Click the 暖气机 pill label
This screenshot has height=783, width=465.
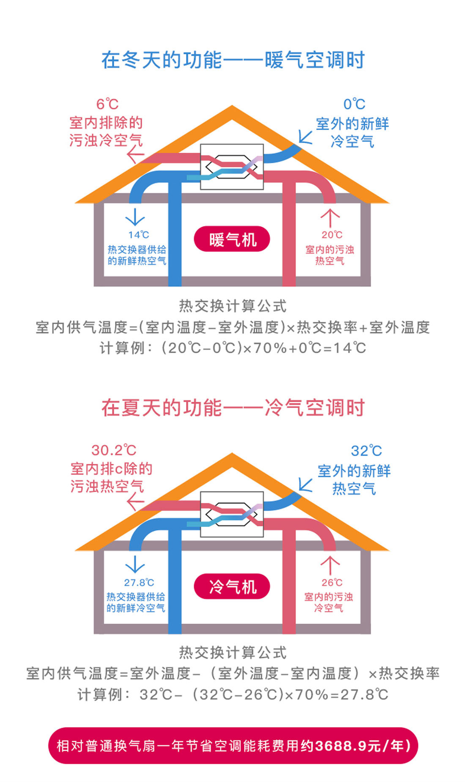pyautogui.click(x=232, y=239)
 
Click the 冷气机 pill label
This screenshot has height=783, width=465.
pyautogui.click(x=232, y=587)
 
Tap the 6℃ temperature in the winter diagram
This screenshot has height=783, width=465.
pyautogui.click(x=107, y=104)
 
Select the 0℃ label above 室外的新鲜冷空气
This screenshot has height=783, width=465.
pyautogui.click(x=354, y=104)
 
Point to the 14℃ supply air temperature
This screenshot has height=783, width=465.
pyautogui.click(x=139, y=235)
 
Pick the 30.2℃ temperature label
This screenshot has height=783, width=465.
pyautogui.click(x=114, y=450)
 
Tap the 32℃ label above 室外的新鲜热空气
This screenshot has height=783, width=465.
pyautogui.click(x=366, y=451)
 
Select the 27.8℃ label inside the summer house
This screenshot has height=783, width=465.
pyautogui.click(x=139, y=583)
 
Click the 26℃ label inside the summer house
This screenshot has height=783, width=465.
pyautogui.click(x=332, y=583)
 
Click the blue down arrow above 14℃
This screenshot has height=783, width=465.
pyautogui.click(x=135, y=217)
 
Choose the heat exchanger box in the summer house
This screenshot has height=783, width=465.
pyautogui.click(x=232, y=514)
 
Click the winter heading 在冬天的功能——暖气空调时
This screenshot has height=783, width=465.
pyautogui.click(x=233, y=60)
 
